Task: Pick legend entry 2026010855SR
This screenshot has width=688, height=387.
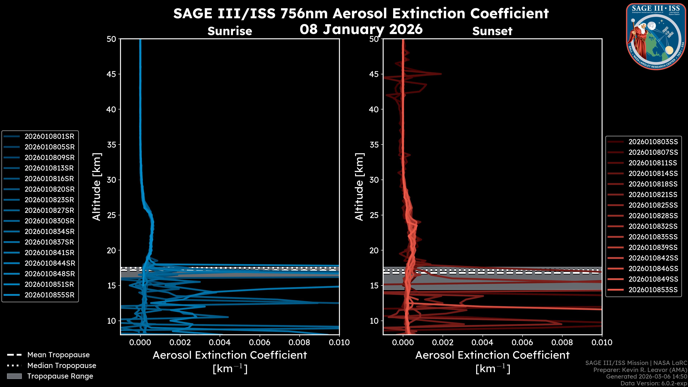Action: point(49,295)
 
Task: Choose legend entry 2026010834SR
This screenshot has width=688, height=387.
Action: point(49,231)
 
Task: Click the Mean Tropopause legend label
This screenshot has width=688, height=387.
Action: point(58,355)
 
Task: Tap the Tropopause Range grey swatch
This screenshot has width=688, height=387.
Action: point(14,376)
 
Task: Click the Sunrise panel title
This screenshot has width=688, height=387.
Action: point(230,31)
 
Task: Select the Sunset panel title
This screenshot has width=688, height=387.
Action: point(492,31)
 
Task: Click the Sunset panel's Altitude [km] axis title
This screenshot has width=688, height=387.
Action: point(359,187)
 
